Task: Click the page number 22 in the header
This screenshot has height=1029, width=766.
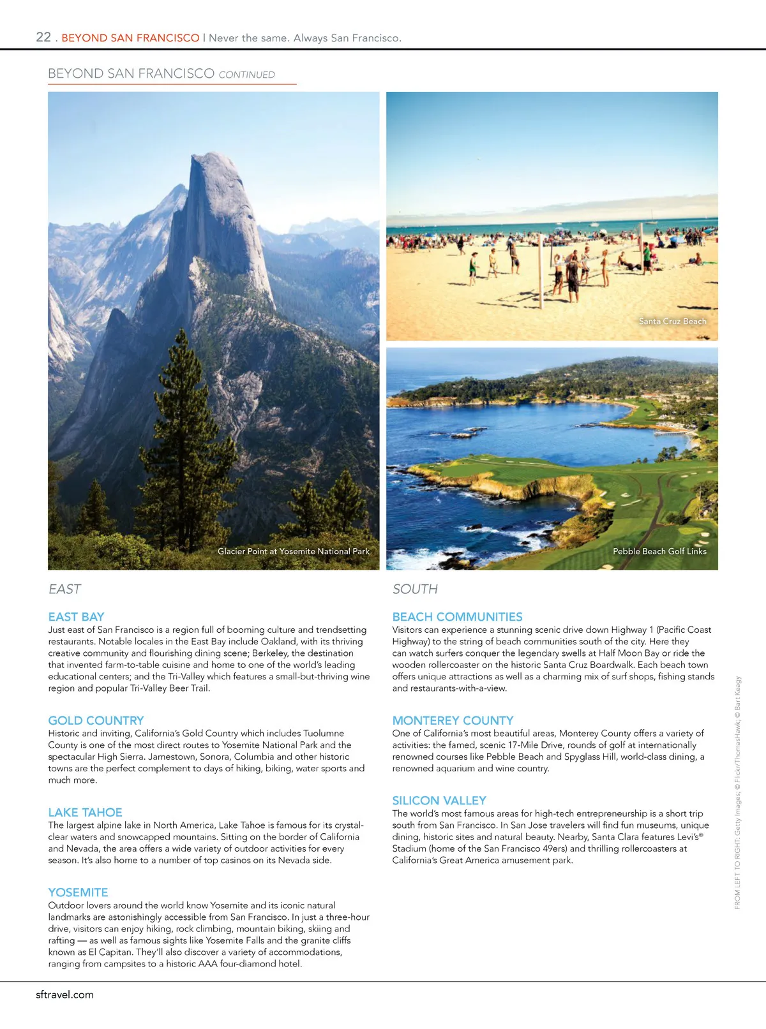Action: [x=43, y=37]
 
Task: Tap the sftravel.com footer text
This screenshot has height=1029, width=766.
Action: [x=64, y=994]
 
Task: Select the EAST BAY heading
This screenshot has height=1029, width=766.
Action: [x=76, y=617]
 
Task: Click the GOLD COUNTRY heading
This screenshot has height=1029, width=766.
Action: [x=96, y=720]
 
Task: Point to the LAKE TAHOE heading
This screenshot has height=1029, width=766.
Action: [x=85, y=812]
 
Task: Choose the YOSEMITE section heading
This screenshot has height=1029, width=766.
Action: [x=78, y=892]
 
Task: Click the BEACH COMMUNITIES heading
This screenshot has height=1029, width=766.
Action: [x=457, y=617]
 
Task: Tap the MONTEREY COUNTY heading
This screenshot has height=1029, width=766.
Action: [x=453, y=720]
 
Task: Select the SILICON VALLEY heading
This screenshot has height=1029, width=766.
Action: [x=439, y=801]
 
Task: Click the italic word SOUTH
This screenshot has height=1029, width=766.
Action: [x=415, y=589]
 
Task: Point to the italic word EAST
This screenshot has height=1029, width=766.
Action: [x=64, y=589]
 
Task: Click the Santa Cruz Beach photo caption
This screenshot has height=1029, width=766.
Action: [x=672, y=322]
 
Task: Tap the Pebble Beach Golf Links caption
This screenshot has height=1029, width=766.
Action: [x=659, y=551]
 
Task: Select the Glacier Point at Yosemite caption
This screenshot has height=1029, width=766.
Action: [x=293, y=551]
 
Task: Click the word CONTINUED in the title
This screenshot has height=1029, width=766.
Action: [x=246, y=75]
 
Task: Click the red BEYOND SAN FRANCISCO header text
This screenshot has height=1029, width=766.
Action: [x=130, y=38]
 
